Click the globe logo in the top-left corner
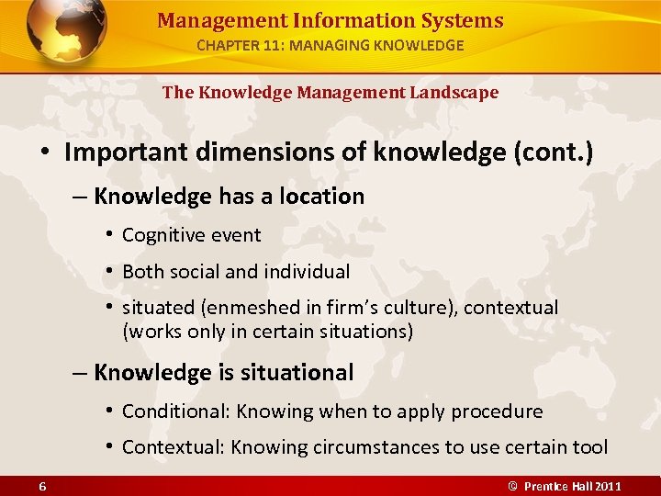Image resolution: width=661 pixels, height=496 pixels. coord(66,33)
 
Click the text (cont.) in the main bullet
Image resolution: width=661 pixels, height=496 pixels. coord(548,152)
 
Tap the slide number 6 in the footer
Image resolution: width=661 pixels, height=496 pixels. coord(43,485)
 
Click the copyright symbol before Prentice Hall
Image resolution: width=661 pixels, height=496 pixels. coord(513,485)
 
